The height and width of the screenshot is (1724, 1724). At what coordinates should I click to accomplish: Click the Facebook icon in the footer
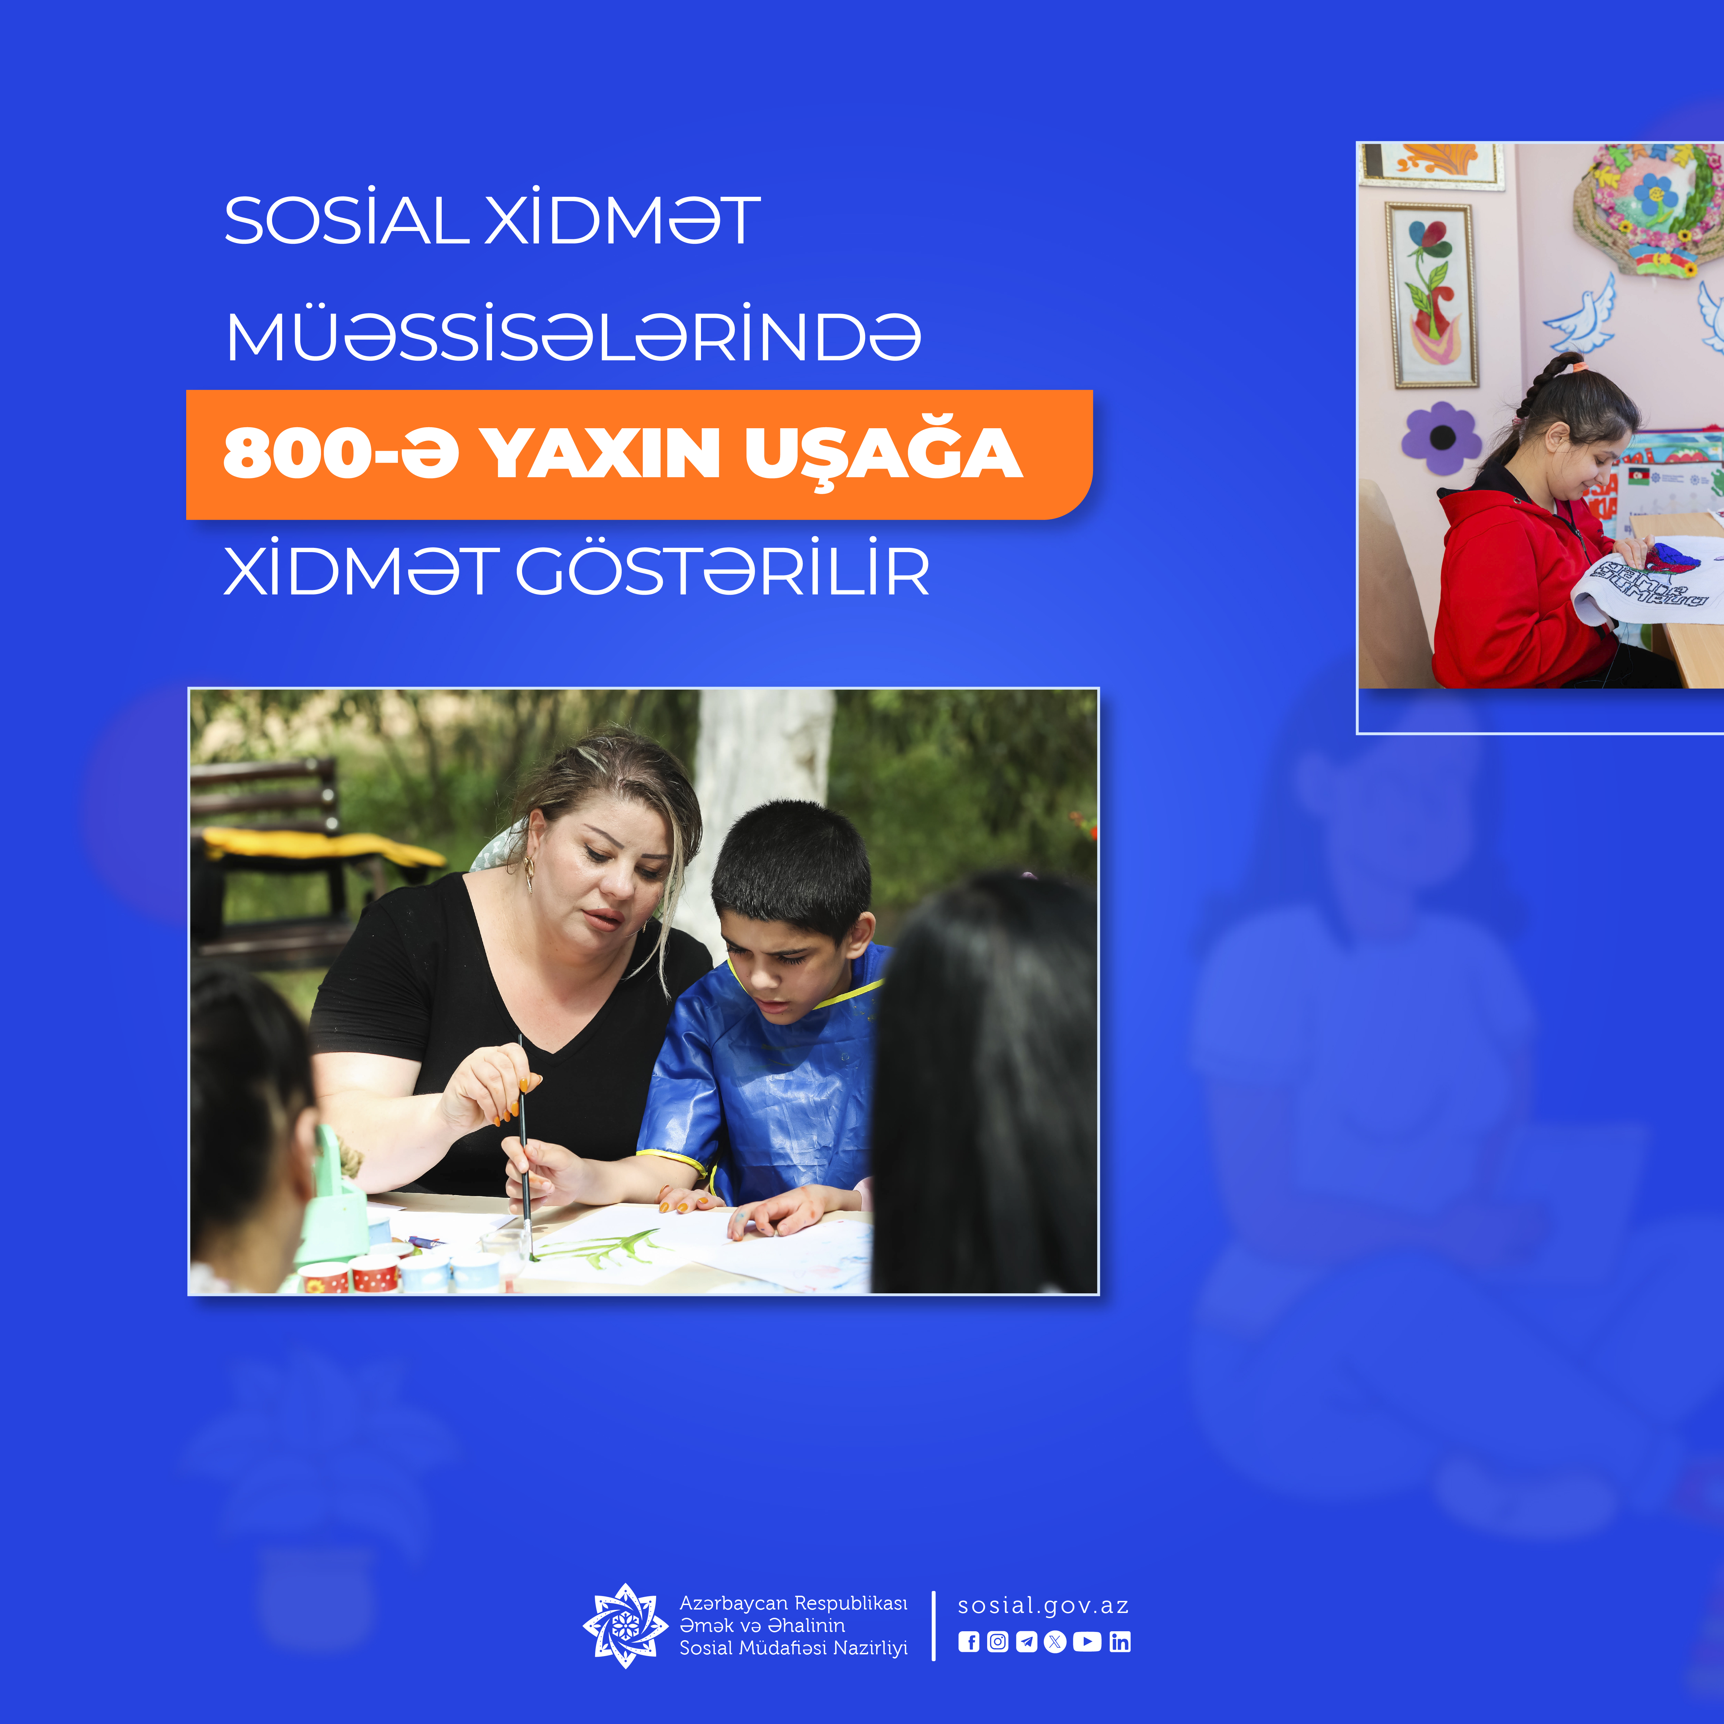pos(968,1642)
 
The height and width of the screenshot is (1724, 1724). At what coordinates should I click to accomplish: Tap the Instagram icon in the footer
pos(998,1642)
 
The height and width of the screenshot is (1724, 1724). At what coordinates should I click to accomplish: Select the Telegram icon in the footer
pos(1026,1642)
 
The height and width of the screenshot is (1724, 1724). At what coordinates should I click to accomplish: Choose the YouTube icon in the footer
pos(1087,1642)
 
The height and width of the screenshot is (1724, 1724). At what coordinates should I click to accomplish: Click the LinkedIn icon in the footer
pos(1120,1642)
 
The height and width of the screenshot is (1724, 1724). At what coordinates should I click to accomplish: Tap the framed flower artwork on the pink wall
pos(1431,295)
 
